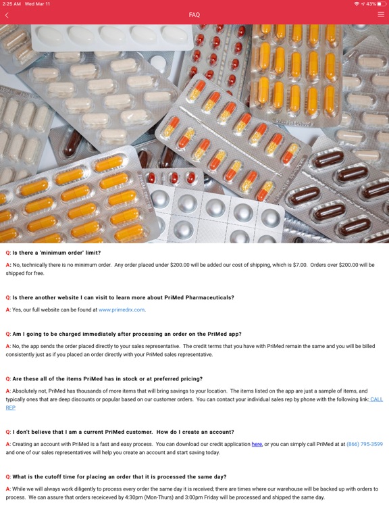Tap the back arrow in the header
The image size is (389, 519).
click(7, 15)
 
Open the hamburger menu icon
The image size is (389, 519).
click(381, 14)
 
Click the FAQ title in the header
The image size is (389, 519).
click(194, 15)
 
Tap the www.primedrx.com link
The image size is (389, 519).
click(122, 310)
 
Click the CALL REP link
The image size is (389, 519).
click(376, 399)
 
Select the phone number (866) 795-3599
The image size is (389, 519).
click(364, 444)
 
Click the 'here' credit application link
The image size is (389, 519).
click(257, 444)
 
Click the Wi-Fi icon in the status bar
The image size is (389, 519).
click(356, 4)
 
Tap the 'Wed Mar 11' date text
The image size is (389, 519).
click(38, 4)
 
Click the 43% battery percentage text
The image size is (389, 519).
click(371, 4)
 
